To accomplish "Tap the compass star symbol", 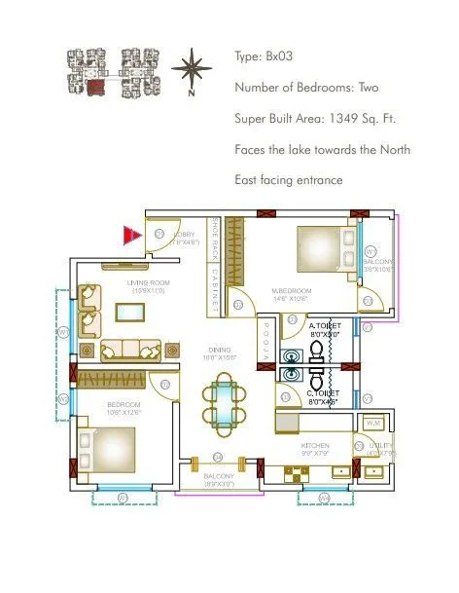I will click(193, 70).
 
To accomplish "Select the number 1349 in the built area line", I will click(334, 119).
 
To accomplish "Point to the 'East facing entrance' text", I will click(288, 181).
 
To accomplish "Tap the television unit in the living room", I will click(129, 312).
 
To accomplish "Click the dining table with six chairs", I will click(224, 404).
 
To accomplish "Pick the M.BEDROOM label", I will click(292, 294).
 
